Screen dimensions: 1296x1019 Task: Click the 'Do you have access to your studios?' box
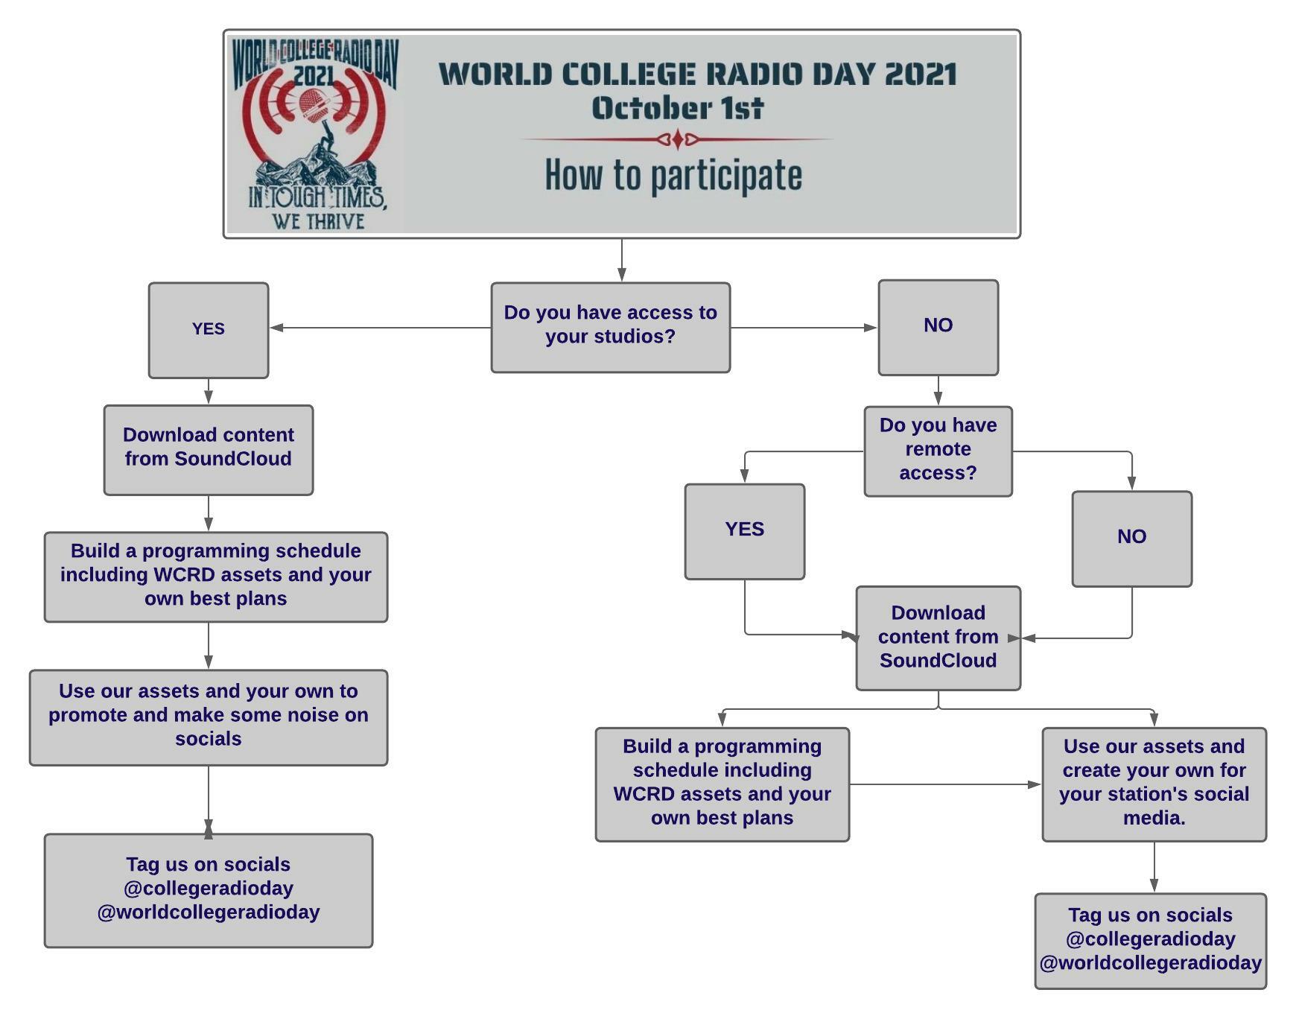tap(610, 327)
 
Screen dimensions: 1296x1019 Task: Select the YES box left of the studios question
tap(209, 330)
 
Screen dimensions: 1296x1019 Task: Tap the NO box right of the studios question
tap(938, 327)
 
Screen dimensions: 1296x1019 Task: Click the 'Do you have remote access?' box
tap(938, 451)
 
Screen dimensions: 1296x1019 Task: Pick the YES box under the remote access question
tap(744, 531)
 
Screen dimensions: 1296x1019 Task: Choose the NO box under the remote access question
tap(1131, 539)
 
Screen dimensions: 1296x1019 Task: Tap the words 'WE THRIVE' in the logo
tap(318, 221)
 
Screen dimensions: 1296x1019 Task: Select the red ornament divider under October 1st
tap(676, 139)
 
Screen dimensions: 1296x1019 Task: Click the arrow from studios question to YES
tap(381, 328)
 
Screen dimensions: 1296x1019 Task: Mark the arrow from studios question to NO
tap(804, 328)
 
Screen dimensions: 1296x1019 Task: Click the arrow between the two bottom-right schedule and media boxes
tap(945, 784)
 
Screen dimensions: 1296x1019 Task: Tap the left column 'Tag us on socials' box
tap(209, 890)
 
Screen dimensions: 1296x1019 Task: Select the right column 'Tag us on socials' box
tap(1150, 941)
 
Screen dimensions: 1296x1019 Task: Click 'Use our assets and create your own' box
tap(1154, 784)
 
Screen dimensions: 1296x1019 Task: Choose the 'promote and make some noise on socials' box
tap(209, 717)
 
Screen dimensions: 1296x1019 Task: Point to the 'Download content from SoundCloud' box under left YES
tap(209, 450)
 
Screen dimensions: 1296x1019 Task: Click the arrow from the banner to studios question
tap(622, 260)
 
